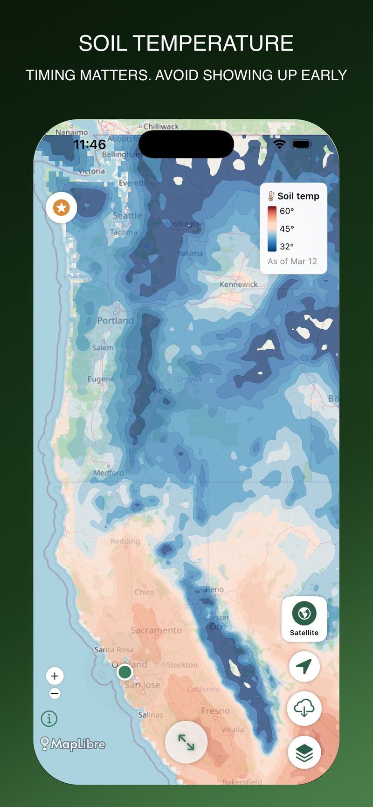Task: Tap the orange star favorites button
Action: pyautogui.click(x=61, y=207)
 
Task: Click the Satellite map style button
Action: pyautogui.click(x=304, y=619)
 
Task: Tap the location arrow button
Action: pyautogui.click(x=304, y=666)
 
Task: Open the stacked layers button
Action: pyautogui.click(x=304, y=752)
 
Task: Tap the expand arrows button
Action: pyautogui.click(x=186, y=742)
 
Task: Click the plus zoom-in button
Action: pyautogui.click(x=55, y=676)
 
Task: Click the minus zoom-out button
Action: pyautogui.click(x=55, y=694)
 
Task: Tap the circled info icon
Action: pyautogui.click(x=49, y=718)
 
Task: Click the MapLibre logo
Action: pyautogui.click(x=73, y=744)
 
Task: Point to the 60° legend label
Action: pyautogui.click(x=287, y=211)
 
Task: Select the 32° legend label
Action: pyautogui.click(x=287, y=247)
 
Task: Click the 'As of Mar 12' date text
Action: pyautogui.click(x=292, y=262)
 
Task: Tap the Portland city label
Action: pyautogui.click(x=115, y=321)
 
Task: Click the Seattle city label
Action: pyautogui.click(x=127, y=216)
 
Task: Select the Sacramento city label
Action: pyautogui.click(x=156, y=630)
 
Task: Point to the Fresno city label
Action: pyautogui.click(x=215, y=711)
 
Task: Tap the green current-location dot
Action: pyautogui.click(x=124, y=672)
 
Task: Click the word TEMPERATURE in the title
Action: pyautogui.click(x=213, y=43)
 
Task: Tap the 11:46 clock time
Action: pyautogui.click(x=90, y=145)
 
